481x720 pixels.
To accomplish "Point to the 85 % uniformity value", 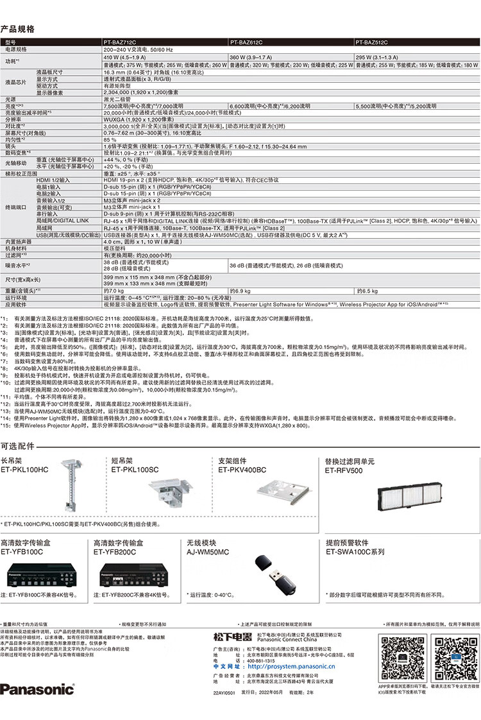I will tap(110, 139).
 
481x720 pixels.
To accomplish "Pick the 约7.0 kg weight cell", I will tap(114, 291).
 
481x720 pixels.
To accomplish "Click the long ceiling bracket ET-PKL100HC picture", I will tap(69, 487).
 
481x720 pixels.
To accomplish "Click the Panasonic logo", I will tap(37, 689).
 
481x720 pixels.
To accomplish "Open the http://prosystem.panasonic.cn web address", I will tap(290, 668).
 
